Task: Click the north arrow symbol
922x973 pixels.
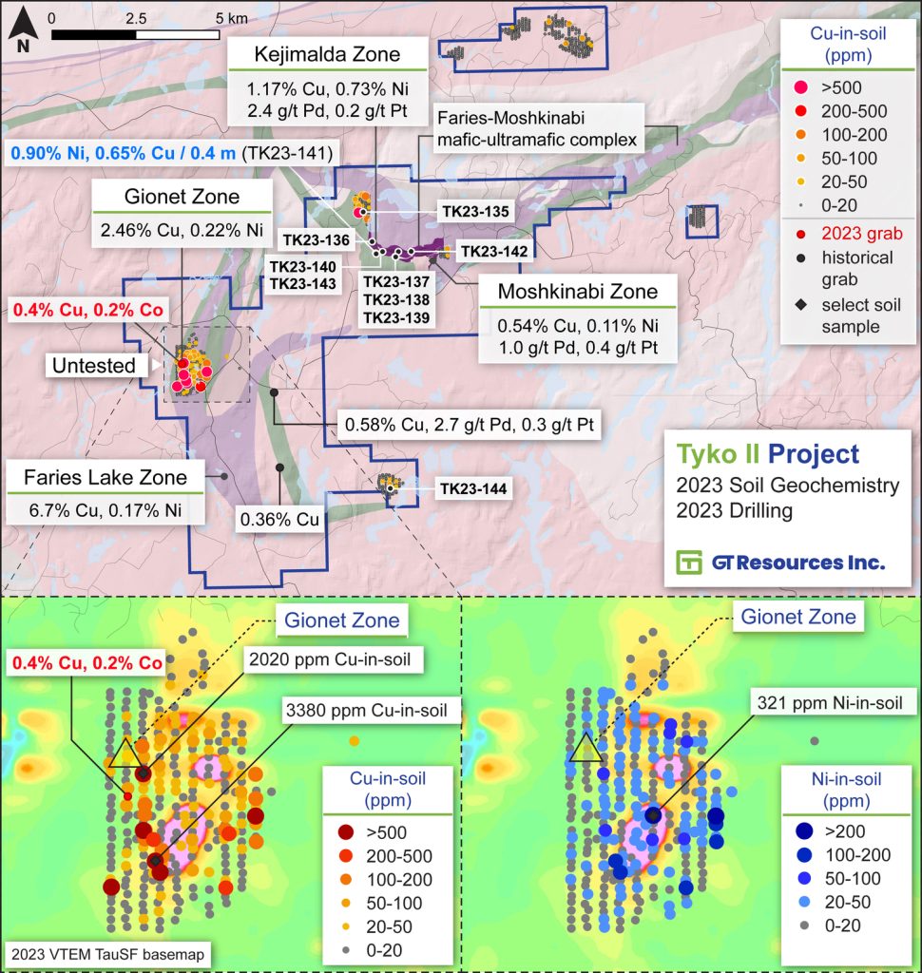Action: point(21,34)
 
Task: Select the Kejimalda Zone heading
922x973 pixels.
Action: point(327,55)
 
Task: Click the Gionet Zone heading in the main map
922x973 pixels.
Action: point(181,198)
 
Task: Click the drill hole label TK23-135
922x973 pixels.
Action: point(475,213)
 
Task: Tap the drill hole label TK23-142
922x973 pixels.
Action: point(492,252)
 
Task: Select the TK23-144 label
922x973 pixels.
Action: point(472,490)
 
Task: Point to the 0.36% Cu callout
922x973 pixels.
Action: point(279,520)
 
